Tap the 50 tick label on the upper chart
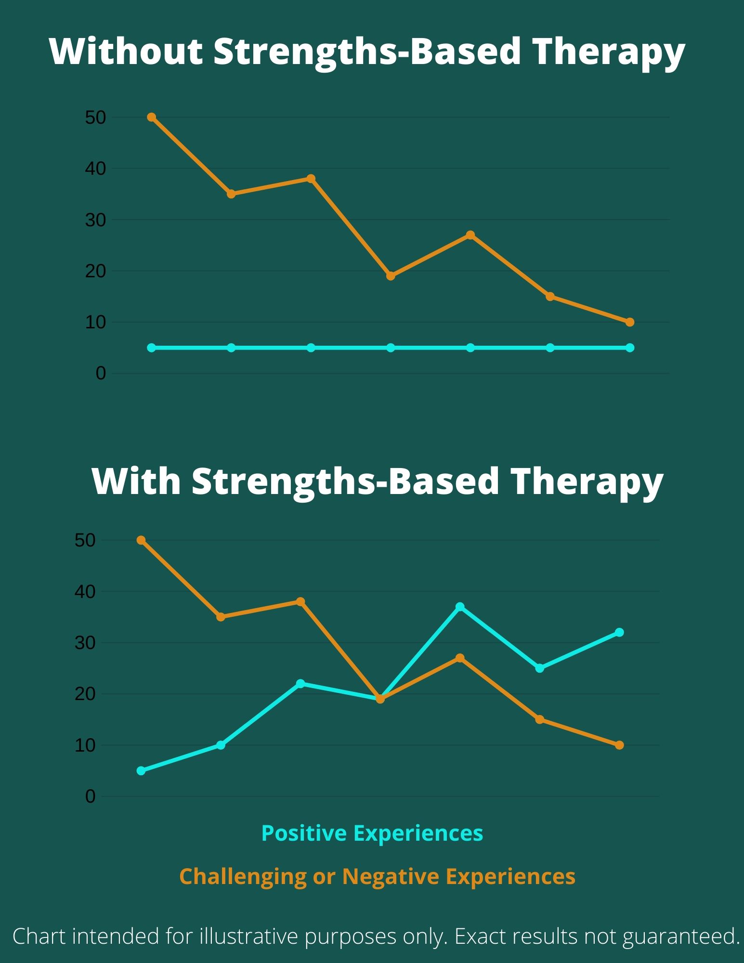click(x=95, y=117)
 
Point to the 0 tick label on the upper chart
click(x=101, y=373)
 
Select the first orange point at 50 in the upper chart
click(x=151, y=117)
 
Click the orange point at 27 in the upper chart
click(x=470, y=235)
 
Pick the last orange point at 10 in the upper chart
click(x=630, y=322)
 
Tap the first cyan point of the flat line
click(x=151, y=348)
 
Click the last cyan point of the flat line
click(x=630, y=348)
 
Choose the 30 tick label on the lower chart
click(x=85, y=643)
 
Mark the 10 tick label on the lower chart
click(x=85, y=745)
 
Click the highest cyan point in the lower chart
click(x=460, y=607)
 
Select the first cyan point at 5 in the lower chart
click(x=141, y=771)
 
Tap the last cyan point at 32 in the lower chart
click(x=619, y=632)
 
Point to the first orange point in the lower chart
click(x=141, y=540)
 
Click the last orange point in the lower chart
click(x=619, y=745)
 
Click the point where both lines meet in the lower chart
click(x=380, y=699)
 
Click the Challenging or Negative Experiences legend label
click(x=377, y=876)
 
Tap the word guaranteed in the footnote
click(x=681, y=937)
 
